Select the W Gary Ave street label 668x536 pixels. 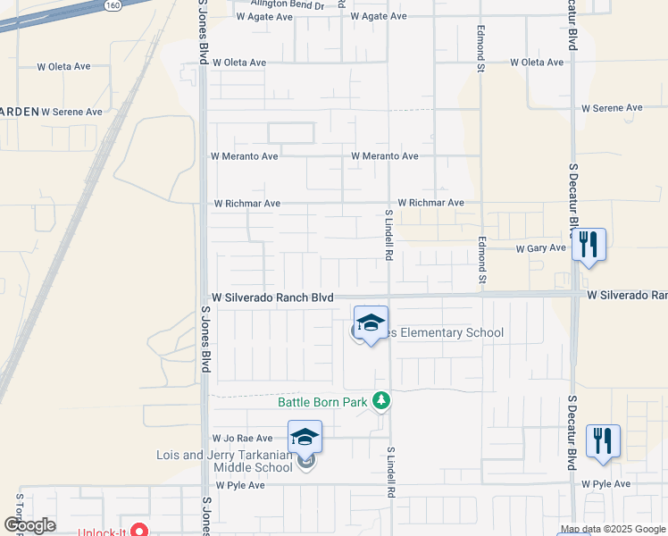[541, 248]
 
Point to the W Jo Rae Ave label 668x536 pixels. [241, 439]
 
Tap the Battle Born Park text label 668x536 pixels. [322, 402]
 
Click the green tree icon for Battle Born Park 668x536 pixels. [382, 401]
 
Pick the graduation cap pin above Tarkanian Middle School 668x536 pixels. [305, 437]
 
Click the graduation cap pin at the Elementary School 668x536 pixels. [371, 323]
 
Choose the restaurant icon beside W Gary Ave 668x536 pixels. [589, 244]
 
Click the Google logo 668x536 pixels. [29, 525]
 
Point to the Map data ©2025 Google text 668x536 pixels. [614, 530]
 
